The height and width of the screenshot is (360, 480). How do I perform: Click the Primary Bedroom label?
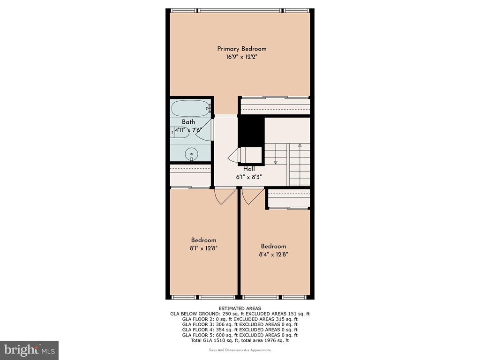click(x=241, y=49)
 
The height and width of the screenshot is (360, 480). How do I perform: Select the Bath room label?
click(x=188, y=122)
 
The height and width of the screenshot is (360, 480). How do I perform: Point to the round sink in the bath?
click(x=192, y=153)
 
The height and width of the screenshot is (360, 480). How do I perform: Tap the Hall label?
click(x=249, y=169)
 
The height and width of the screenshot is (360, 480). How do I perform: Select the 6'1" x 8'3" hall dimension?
click(x=249, y=177)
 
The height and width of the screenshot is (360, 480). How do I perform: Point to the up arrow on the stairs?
click(x=300, y=154)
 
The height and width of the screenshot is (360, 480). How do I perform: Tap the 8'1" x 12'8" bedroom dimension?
click(x=203, y=248)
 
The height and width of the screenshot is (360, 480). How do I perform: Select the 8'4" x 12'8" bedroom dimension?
click(x=274, y=254)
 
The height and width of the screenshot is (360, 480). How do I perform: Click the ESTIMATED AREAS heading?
click(x=240, y=308)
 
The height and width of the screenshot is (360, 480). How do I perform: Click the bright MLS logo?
click(x=30, y=349)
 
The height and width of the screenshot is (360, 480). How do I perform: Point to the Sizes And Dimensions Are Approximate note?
click(x=240, y=350)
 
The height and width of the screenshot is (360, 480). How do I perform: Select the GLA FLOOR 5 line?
click(x=240, y=335)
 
